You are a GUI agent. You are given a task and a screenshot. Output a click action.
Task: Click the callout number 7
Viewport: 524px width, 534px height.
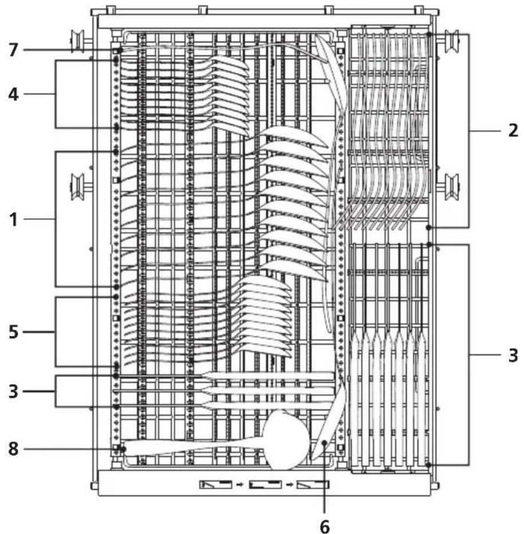tap(13, 50)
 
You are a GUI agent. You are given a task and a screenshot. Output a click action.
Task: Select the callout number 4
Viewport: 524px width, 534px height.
tap(13, 94)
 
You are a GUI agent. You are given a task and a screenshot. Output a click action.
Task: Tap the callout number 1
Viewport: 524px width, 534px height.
tap(14, 219)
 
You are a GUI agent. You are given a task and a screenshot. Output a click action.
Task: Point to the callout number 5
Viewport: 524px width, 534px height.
tap(13, 332)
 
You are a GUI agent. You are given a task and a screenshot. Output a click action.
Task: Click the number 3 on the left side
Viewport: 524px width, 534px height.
tap(13, 391)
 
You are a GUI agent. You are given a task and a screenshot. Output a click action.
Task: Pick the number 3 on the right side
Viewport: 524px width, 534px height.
tap(513, 355)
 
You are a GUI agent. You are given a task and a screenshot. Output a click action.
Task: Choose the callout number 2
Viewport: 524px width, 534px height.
tap(513, 131)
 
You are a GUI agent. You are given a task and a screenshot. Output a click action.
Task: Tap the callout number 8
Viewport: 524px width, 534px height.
tap(13, 449)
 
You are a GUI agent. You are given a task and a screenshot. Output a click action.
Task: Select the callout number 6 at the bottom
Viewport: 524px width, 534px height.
tap(325, 527)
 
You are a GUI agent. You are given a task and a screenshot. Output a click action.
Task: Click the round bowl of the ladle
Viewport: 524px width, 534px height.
tap(287, 441)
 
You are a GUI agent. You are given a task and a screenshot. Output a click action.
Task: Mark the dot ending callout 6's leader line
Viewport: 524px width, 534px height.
tap(325, 443)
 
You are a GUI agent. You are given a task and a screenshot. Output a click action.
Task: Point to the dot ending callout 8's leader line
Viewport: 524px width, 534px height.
tap(123, 449)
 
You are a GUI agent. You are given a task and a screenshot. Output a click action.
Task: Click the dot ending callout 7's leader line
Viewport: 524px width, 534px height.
tap(120, 50)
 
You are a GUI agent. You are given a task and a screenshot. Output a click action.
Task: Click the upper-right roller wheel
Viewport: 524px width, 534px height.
tap(452, 42)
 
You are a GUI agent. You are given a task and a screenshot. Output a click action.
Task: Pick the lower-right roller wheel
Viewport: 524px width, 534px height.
tap(452, 187)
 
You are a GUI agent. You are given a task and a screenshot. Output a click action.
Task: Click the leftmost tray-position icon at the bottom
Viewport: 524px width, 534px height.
tap(216, 484)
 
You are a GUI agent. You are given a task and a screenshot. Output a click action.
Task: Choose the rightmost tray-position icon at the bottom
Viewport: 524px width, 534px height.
tap(313, 484)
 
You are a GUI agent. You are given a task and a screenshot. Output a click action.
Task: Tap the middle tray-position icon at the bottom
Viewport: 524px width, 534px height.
tap(265, 484)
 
